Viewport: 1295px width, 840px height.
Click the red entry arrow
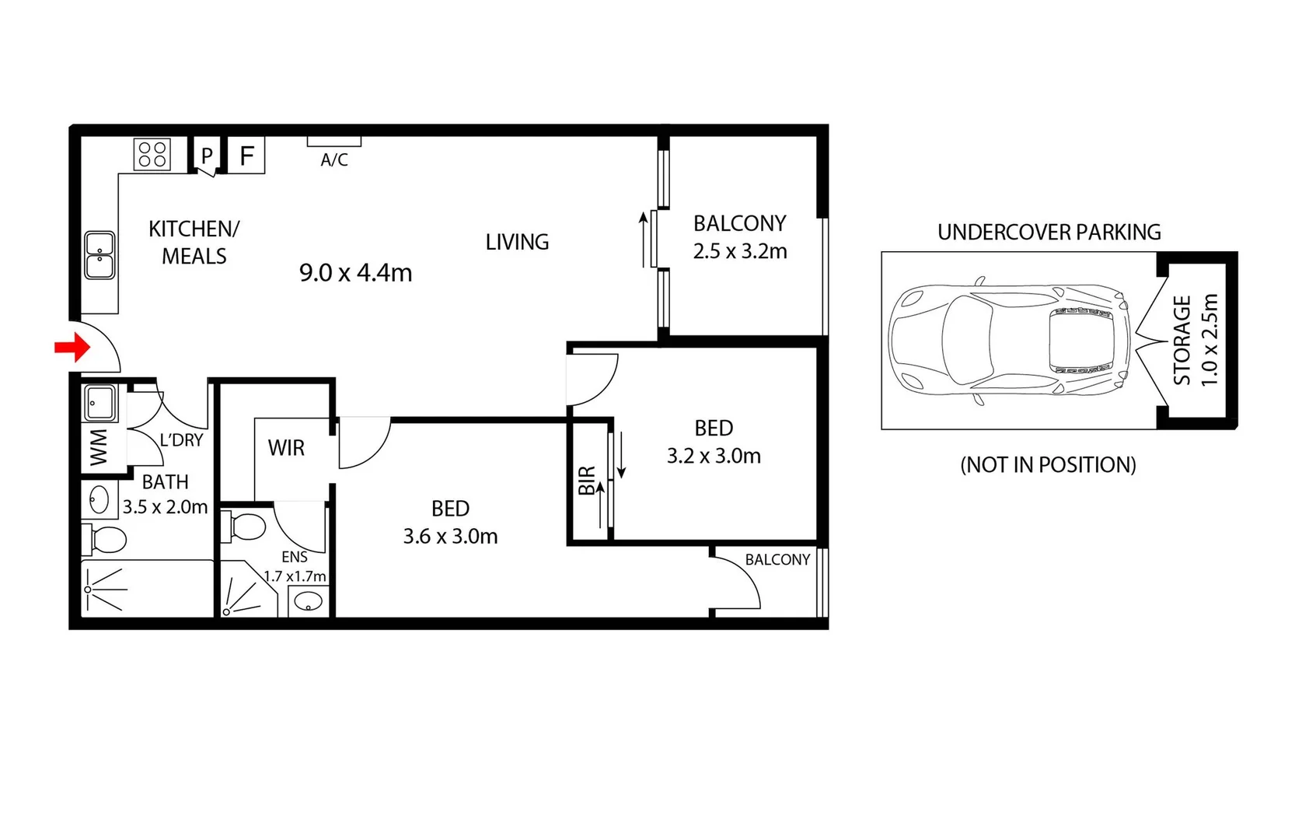pos(72,348)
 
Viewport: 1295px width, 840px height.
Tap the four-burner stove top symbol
pos(152,154)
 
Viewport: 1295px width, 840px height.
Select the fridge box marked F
pos(246,156)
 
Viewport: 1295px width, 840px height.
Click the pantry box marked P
pos(207,156)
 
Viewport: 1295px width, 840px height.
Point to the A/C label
pos(334,160)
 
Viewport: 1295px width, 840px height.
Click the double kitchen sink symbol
pos(99,255)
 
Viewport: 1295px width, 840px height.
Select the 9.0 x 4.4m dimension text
pos(355,273)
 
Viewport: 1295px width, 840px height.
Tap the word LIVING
pos(517,243)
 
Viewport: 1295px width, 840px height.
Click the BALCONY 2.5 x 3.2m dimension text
pos(740,251)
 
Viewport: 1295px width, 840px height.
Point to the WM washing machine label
pos(99,448)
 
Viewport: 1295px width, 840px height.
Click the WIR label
pos(286,448)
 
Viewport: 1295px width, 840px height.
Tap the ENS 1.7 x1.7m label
pos(295,567)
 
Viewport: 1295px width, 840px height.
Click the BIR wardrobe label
pos(587,481)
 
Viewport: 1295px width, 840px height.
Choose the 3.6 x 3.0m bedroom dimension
pos(450,537)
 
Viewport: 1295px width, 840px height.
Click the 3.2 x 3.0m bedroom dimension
pos(714,456)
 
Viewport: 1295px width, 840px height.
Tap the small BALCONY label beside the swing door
pos(777,560)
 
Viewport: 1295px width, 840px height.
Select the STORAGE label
pos(1182,340)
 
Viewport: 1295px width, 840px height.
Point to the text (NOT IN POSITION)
pos(1048,465)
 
